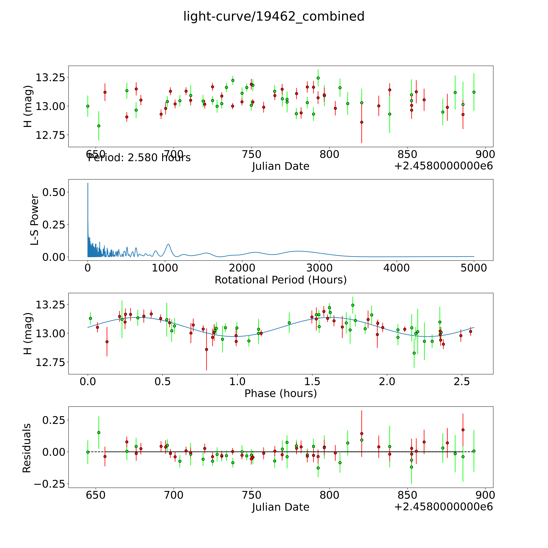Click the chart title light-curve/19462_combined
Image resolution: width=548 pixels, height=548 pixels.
click(274, 16)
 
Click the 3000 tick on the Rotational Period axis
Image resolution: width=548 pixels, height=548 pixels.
click(319, 268)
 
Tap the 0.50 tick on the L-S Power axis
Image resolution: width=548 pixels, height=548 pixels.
click(54, 192)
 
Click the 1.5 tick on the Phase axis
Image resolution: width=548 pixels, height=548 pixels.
click(312, 381)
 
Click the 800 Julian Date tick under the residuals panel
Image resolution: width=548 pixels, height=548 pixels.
click(329, 495)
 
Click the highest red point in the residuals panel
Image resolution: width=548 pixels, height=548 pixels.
click(463, 430)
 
